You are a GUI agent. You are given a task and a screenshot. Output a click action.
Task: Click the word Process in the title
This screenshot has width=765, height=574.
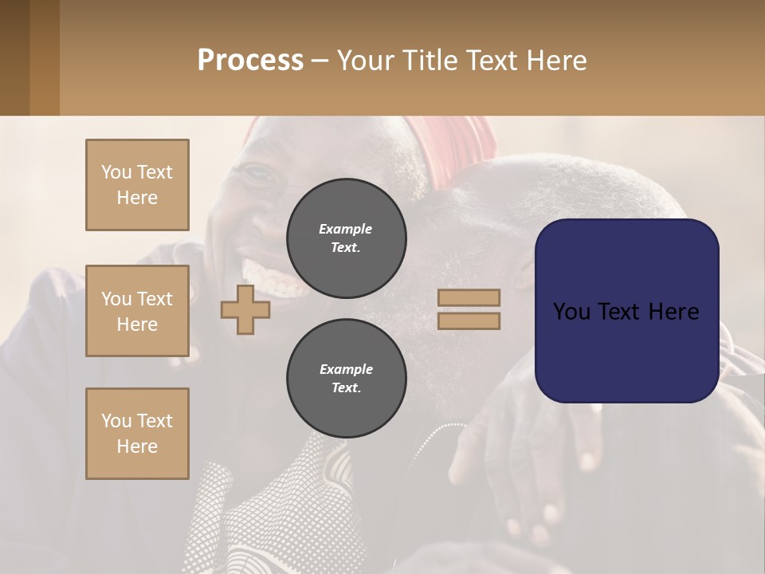click(x=250, y=60)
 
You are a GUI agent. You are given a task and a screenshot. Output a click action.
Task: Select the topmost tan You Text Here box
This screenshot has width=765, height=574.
click(x=137, y=185)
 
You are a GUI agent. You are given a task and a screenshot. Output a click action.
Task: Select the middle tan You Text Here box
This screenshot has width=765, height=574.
click(x=137, y=311)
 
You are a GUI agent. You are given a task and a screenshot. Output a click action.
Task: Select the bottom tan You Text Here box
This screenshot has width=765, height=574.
click(x=137, y=433)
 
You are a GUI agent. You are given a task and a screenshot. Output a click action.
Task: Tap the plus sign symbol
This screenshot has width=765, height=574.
click(x=245, y=309)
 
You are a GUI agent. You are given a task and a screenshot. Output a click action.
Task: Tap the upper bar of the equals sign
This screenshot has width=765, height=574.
click(x=469, y=297)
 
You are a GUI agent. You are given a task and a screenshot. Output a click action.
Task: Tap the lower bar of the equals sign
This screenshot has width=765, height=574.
click(x=469, y=321)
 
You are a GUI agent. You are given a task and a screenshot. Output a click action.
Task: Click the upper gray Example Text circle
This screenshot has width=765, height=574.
click(x=346, y=238)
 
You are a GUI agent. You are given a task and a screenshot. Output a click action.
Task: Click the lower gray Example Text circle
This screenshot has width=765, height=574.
click(x=346, y=378)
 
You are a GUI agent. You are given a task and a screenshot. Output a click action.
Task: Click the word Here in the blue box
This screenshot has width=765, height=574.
click(x=673, y=312)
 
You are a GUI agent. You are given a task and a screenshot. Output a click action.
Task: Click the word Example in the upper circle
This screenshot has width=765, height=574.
click(x=346, y=229)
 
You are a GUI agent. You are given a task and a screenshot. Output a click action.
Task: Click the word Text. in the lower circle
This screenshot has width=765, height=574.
click(x=346, y=387)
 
